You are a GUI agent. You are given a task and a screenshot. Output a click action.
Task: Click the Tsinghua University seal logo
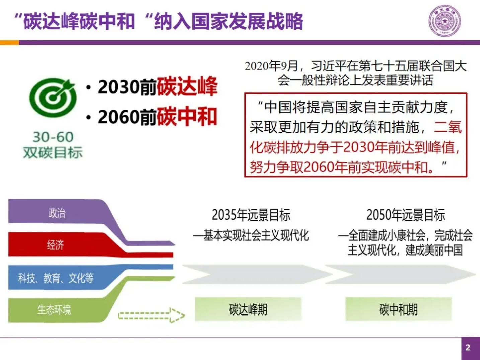pos(445,21)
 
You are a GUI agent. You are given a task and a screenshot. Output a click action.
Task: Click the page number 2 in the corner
pos(468,348)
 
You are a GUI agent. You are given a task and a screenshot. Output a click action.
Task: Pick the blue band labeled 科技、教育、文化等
pos(56,278)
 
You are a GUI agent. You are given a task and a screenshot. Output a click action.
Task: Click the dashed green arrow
pos(151,315)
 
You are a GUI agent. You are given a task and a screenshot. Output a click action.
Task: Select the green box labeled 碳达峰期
pos(248,309)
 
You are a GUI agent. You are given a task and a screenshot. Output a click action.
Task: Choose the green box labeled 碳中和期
pos(398,309)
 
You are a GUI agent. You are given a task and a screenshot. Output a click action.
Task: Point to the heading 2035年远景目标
pos(251,215)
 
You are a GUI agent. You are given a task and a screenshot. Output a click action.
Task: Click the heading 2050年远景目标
pos(405,215)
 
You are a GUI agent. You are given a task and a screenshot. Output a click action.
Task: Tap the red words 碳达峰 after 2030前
pos(187,87)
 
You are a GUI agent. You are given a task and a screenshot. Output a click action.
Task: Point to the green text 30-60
pos(53,137)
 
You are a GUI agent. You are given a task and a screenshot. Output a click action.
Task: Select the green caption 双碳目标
pos(53,152)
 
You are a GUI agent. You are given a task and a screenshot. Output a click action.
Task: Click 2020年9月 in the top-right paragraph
pos(271,66)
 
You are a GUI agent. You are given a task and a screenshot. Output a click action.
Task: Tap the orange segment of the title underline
pos(9,42)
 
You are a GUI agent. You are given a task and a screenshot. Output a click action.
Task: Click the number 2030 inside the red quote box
pos(358,147)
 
